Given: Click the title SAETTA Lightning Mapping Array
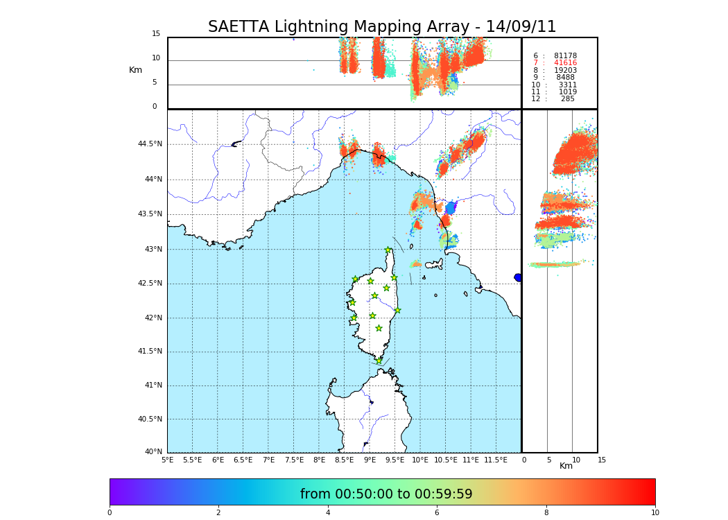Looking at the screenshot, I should click(382, 27).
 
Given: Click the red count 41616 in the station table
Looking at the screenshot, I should click(565, 63).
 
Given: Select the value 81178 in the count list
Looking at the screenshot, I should click(565, 56).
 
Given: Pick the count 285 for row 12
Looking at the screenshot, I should click(567, 99).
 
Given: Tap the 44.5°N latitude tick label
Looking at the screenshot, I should click(150, 144).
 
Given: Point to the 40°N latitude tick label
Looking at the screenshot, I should click(153, 452).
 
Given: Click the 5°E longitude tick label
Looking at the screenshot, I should click(168, 460).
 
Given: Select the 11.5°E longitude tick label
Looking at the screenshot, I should click(496, 460).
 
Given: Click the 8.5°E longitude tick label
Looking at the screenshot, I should click(345, 460).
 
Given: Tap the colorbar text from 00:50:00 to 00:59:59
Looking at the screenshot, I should click(386, 494).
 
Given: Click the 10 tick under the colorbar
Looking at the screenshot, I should click(655, 513).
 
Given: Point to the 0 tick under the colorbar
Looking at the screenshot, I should click(110, 513).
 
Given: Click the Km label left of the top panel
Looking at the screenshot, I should click(135, 70).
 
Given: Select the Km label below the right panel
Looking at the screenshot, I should click(566, 466).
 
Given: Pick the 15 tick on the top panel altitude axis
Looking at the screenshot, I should click(156, 34).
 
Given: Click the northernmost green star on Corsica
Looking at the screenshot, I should click(388, 250).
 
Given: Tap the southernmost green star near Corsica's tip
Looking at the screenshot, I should click(379, 361).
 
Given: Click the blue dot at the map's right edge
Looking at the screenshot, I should click(518, 277).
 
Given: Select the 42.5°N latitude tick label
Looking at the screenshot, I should click(150, 283).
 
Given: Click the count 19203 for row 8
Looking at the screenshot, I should click(565, 71).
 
